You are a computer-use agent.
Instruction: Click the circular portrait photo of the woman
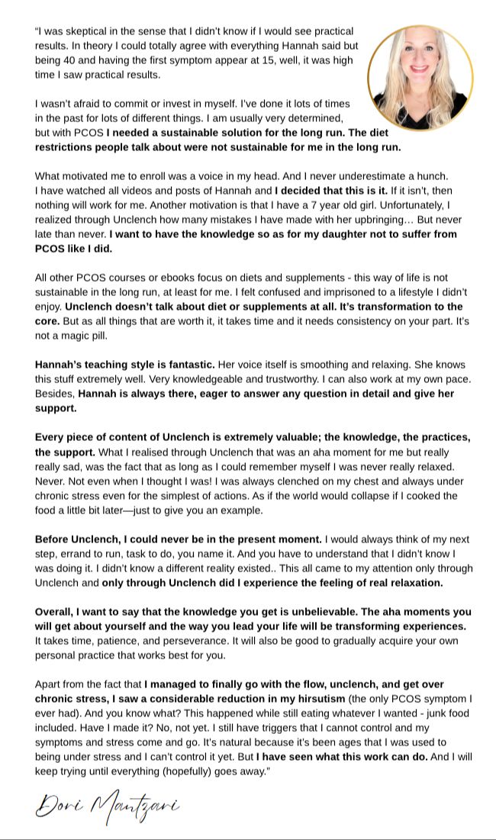(x=420, y=77)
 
